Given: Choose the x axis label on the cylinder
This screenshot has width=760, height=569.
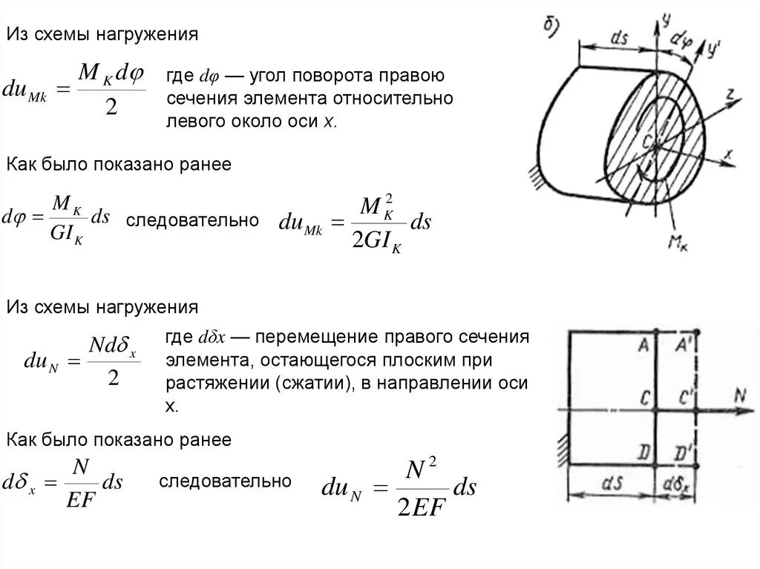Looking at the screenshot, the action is [729, 155].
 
